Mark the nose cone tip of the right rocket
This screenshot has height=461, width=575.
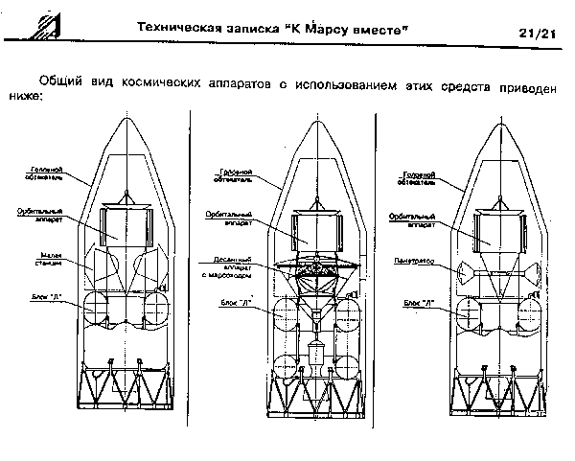(x=499, y=118)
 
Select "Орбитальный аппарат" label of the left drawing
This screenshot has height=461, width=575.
(x=38, y=214)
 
